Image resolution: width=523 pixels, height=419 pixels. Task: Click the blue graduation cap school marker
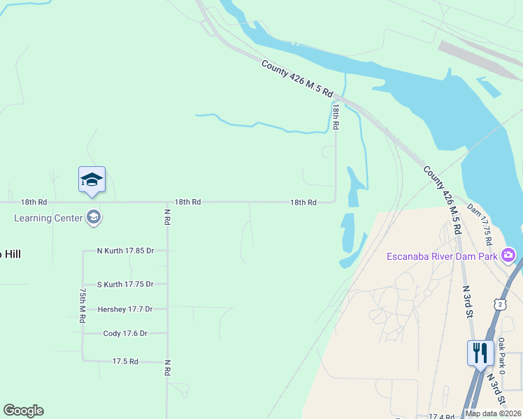pyautogui.click(x=92, y=180)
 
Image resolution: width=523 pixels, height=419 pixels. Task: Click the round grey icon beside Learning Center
pyautogui.click(x=94, y=218)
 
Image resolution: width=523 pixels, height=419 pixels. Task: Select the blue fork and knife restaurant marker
pyautogui.click(x=480, y=352)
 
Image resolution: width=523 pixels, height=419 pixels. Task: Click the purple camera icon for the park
pyautogui.click(x=508, y=256)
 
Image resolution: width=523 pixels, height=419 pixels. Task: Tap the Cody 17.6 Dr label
pyautogui.click(x=125, y=334)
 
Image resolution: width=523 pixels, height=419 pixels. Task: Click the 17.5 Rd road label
pyautogui.click(x=125, y=361)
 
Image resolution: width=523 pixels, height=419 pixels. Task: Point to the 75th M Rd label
pyautogui.click(x=82, y=304)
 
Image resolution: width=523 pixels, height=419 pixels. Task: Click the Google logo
pyautogui.click(x=23, y=411)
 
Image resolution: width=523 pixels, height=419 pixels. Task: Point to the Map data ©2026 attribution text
pyautogui.click(x=493, y=413)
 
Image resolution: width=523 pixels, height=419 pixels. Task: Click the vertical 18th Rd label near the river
pyautogui.click(x=336, y=117)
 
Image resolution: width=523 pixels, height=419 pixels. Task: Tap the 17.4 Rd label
pyautogui.click(x=442, y=416)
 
